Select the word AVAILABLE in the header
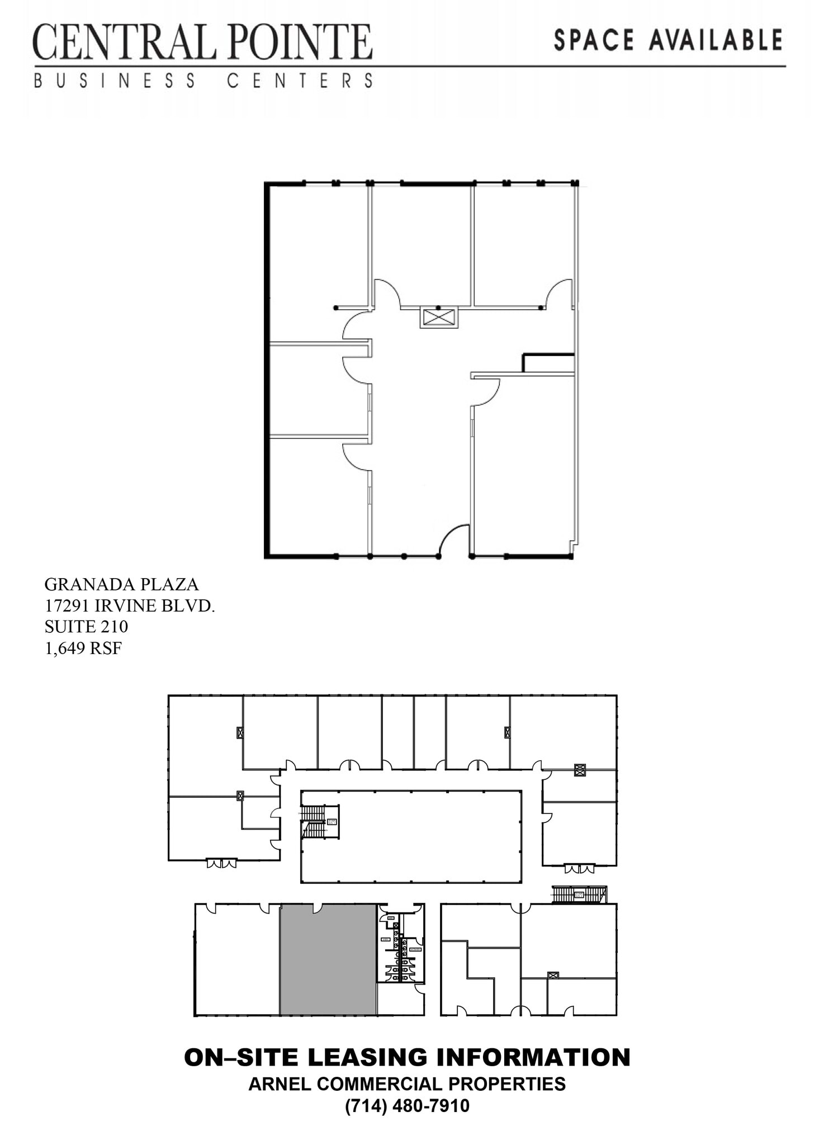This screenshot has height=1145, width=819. (715, 40)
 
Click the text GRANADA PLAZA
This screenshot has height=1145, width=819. (121, 584)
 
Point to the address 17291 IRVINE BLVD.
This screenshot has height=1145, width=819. (129, 605)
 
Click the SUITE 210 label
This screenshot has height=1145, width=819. (86, 627)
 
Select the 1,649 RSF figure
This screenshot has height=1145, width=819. (83, 649)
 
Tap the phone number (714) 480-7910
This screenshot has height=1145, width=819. (407, 1105)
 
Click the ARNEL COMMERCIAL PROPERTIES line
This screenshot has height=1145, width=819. (407, 1084)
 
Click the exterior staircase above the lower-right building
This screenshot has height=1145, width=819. (579, 894)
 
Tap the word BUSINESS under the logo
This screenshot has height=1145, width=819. (115, 81)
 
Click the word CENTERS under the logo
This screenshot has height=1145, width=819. (300, 81)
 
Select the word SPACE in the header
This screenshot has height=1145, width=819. (594, 40)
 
